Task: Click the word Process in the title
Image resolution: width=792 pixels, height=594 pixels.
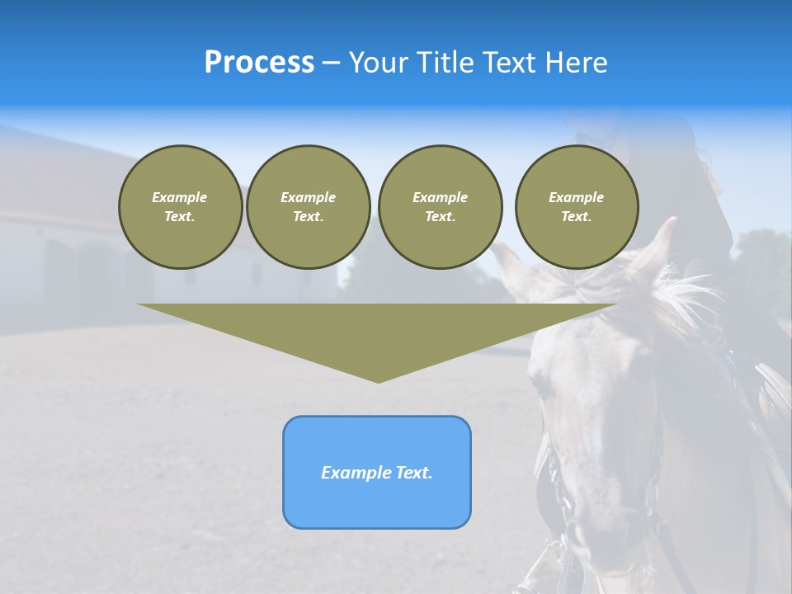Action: pos(259,62)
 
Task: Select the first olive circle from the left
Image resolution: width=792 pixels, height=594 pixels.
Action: pos(180,207)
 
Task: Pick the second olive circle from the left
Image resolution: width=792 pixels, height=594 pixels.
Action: pos(308,207)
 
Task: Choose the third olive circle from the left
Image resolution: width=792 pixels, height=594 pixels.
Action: pos(440,207)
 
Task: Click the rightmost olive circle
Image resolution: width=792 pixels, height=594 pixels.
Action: pos(576,207)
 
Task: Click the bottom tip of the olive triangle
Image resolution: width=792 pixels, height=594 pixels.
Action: pos(378,380)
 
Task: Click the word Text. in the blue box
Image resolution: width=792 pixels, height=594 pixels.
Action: pos(415,473)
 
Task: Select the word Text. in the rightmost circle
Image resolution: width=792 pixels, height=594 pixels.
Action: pos(576,217)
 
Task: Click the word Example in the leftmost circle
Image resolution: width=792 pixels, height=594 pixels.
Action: pos(180,197)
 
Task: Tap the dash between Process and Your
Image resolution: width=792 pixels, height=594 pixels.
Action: pos(331,63)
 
